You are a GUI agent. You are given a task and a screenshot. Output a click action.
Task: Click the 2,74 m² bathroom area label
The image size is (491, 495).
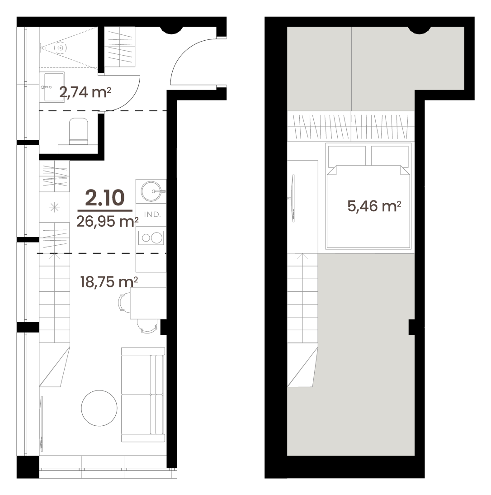85,92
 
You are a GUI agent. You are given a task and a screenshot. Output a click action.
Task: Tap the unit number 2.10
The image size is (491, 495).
105,198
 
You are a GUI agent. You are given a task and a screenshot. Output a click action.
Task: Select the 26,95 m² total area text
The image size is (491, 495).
108,222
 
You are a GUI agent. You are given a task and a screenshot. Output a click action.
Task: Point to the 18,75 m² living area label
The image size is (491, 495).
109,281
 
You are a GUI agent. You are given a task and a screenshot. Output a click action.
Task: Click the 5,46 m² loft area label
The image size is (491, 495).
374,206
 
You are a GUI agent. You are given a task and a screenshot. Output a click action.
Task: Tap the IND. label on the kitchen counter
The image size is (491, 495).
152,214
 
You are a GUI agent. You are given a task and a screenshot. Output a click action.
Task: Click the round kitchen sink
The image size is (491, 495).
151,191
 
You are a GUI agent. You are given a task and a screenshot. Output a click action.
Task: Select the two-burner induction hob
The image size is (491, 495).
151,238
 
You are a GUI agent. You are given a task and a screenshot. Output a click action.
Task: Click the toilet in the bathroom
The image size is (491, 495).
78,131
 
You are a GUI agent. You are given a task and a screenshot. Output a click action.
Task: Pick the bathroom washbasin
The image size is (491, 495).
54,87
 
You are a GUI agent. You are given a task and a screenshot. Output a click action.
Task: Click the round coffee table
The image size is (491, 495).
99,408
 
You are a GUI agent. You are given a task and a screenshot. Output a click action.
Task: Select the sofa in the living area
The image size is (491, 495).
143,395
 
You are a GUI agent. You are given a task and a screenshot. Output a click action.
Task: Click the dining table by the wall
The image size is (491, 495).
148,303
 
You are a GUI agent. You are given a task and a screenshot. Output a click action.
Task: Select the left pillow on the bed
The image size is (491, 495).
347,156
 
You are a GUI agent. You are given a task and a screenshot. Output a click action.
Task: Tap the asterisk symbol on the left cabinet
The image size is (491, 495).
55,207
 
